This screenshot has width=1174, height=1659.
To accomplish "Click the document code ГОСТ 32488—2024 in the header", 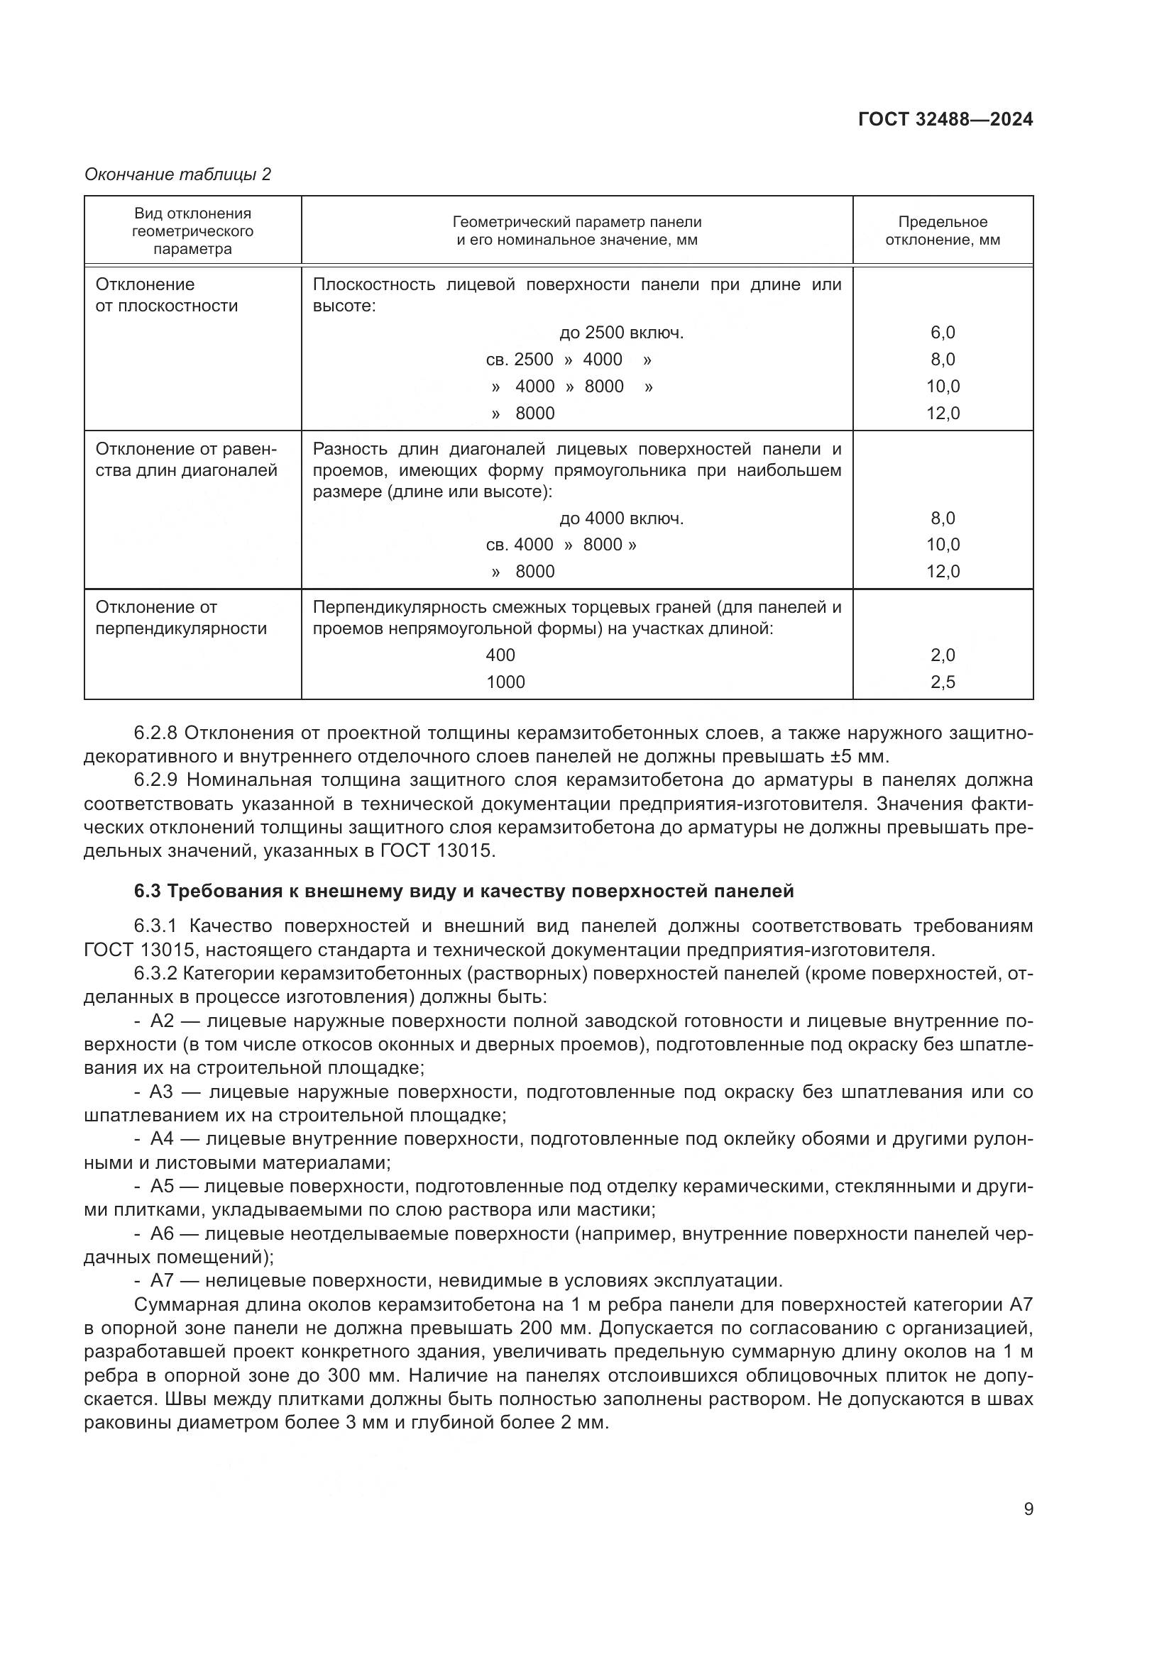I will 945,120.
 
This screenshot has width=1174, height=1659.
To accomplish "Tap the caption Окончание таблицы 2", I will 178,175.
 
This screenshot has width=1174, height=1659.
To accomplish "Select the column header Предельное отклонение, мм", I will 943,231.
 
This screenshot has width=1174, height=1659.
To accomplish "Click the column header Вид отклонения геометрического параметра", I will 192,231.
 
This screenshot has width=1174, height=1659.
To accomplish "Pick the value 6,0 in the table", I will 943,333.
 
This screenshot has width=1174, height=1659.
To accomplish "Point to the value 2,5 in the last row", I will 943,682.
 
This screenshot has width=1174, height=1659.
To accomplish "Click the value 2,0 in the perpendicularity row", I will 943,655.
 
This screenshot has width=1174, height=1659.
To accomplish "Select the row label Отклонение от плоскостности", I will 166,296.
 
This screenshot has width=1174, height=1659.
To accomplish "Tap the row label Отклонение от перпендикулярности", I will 181,618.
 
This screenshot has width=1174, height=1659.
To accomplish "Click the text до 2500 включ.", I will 621,333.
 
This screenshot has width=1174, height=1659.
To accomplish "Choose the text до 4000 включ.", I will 621,518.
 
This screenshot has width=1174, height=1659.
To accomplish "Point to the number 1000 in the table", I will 505,682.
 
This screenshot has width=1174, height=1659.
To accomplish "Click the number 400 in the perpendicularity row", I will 500,655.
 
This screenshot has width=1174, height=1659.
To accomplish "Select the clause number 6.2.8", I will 155,733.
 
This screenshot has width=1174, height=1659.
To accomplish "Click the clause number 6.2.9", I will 155,780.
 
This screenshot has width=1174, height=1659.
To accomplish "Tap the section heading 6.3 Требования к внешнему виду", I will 463,892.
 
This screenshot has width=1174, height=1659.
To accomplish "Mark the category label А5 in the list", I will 162,1187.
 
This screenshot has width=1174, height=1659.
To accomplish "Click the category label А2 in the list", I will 163,1021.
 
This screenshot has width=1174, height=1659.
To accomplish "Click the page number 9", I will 1028,1509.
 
